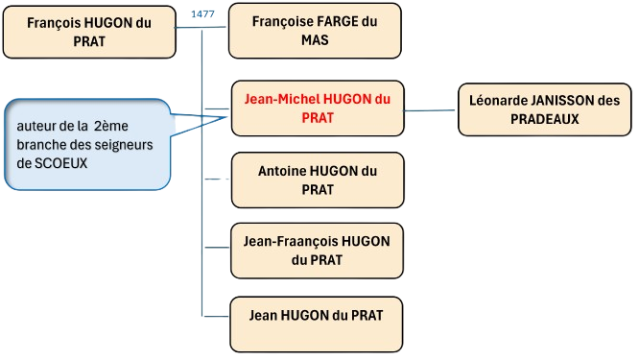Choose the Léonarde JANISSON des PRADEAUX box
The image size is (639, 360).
(x=537, y=108)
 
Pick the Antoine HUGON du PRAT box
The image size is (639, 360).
(x=304, y=180)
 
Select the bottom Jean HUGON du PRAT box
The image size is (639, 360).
(x=304, y=314)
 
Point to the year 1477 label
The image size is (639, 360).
(x=201, y=14)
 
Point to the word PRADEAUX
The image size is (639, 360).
(x=537, y=118)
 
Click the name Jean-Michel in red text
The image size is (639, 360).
(x=282, y=99)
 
